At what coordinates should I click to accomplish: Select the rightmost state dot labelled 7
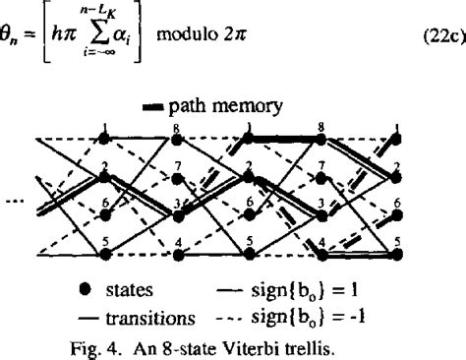pos(321,177)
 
